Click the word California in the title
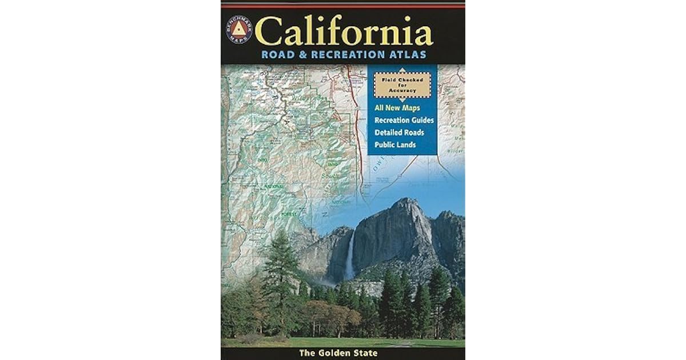pyautogui.click(x=344, y=32)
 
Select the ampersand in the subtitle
pyautogui.click(x=302, y=55)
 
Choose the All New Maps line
pyautogui.click(x=397, y=108)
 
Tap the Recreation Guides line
pyautogui.click(x=404, y=121)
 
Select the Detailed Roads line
pyautogui.click(x=400, y=133)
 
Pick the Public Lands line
pyautogui.click(x=395, y=145)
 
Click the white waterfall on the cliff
pyautogui.click(x=349, y=257)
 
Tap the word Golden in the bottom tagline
pyautogui.click(x=342, y=353)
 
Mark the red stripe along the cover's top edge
pyautogui.click(x=343, y=5)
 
